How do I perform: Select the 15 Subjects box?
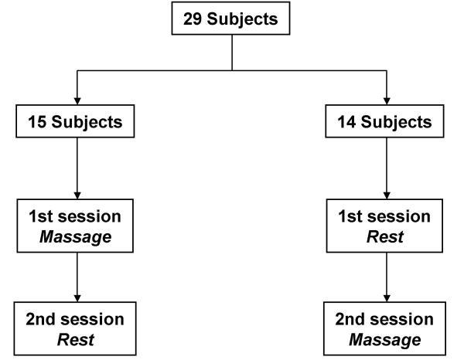(77, 122)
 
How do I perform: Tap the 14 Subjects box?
(384, 122)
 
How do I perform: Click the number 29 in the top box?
(193, 19)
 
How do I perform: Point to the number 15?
(37, 122)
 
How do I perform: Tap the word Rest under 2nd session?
(77, 339)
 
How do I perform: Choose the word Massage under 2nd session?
(384, 339)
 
